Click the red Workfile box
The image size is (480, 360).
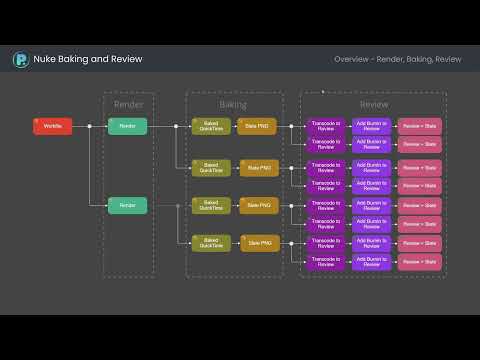coord(52,126)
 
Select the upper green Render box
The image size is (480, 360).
coord(128,126)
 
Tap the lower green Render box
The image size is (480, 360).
coord(128,205)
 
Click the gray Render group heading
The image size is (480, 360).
coord(128,104)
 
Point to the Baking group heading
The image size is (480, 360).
coord(233,104)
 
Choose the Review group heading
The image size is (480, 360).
coord(374,104)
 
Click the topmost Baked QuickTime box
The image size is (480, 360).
coord(211,126)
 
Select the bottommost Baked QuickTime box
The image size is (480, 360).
coord(211,243)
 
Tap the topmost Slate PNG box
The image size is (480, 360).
coord(260,126)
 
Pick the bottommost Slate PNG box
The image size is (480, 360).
coord(260,243)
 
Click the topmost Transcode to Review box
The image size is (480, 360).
coord(326,126)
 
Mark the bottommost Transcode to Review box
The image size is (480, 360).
coord(326,262)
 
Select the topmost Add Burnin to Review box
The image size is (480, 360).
coord(372,126)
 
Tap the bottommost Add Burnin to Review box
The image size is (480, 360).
coord(372,262)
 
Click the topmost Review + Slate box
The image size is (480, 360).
coord(420,126)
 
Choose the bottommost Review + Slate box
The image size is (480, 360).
coord(420,262)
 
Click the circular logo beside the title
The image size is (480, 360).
coord(20,60)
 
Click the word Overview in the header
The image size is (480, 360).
coord(352,60)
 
